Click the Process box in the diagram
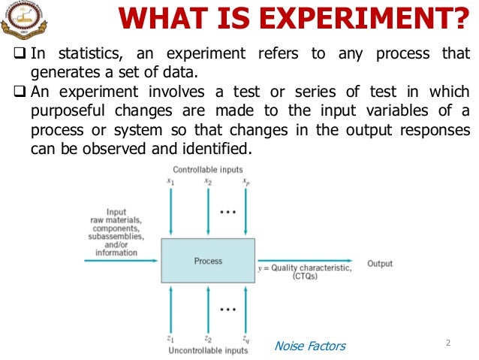[208, 261]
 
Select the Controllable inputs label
[207, 170]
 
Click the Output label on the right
[379, 264]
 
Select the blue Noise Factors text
[310, 346]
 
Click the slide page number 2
[447, 343]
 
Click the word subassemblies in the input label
[111, 236]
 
